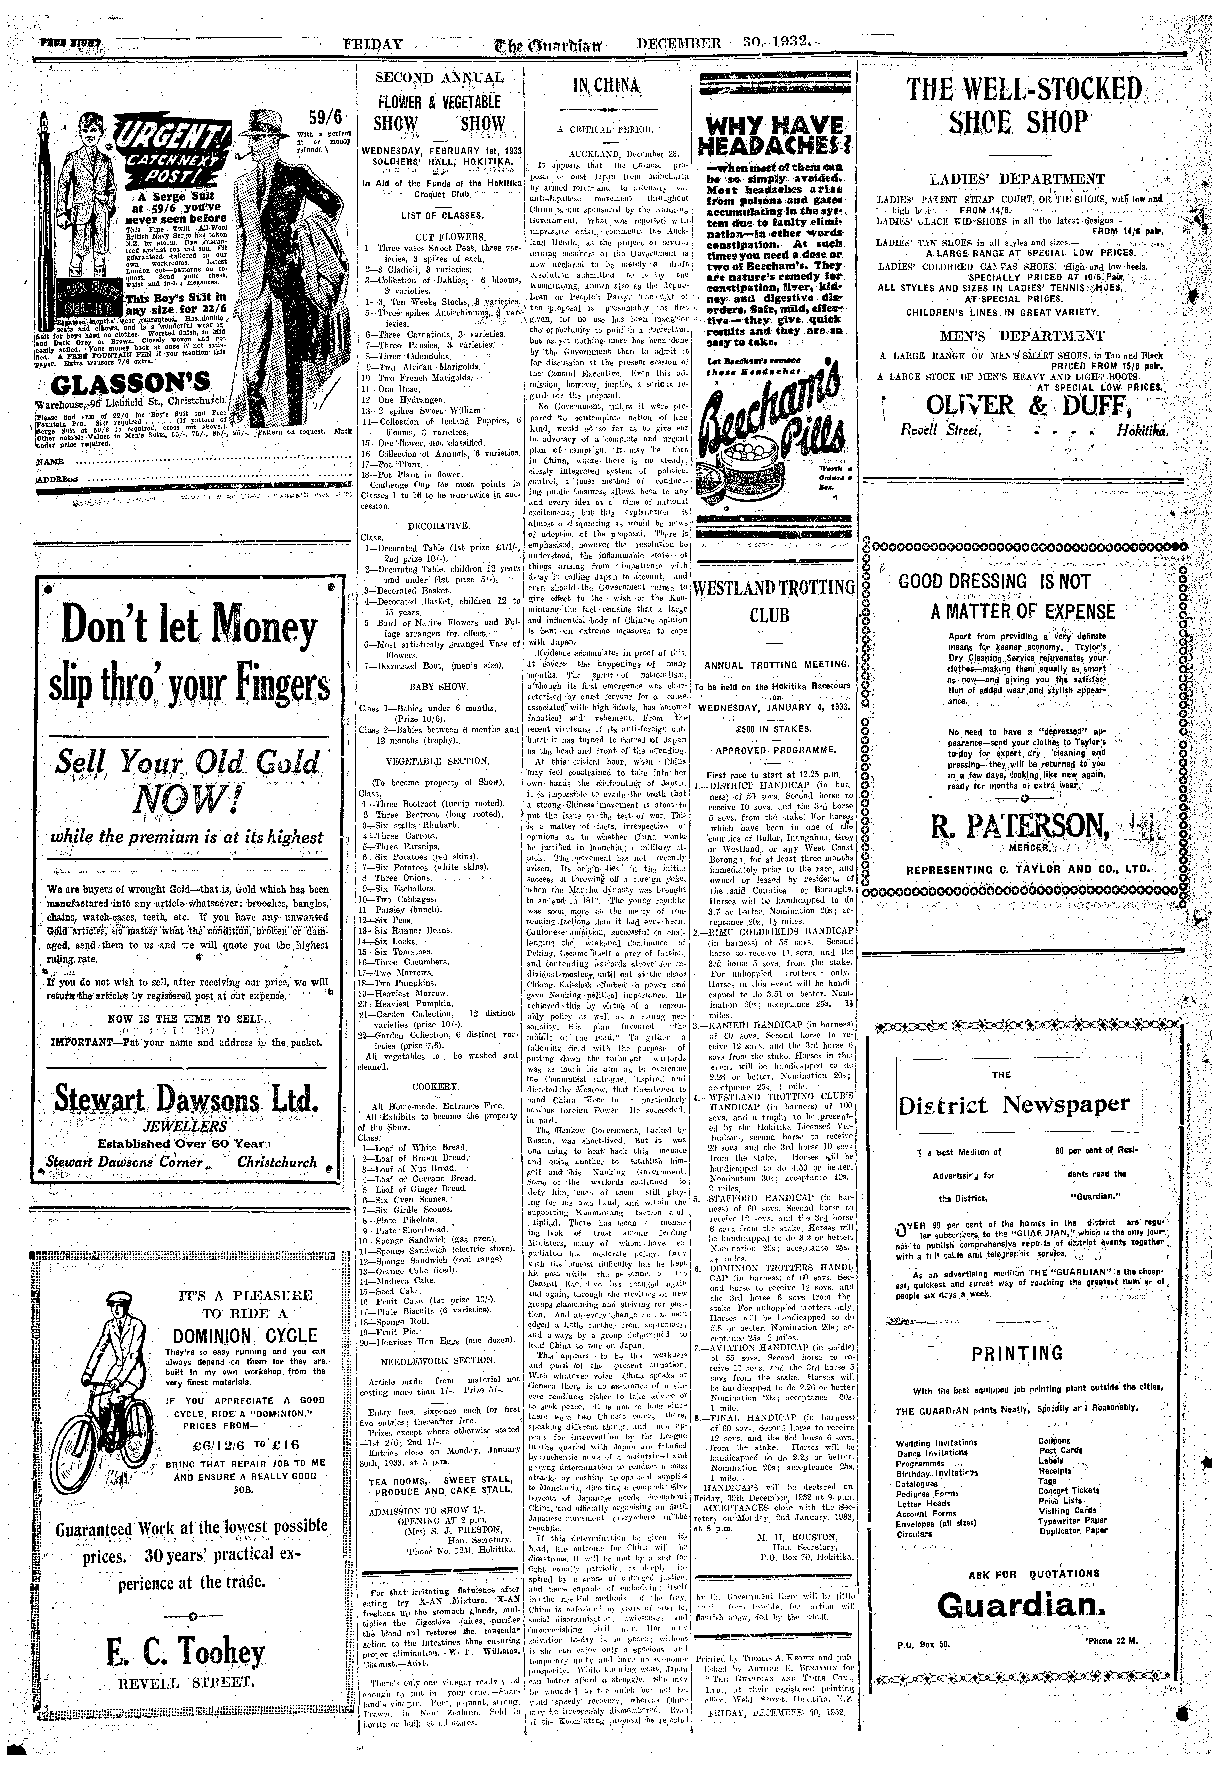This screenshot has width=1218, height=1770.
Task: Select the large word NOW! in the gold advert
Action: (183, 801)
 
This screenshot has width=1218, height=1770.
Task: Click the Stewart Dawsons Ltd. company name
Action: (183, 1099)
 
